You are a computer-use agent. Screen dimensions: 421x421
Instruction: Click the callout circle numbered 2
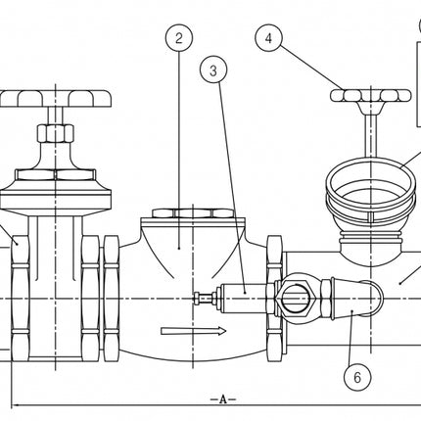[178, 39]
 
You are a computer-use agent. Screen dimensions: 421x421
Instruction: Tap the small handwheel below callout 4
[370, 96]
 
